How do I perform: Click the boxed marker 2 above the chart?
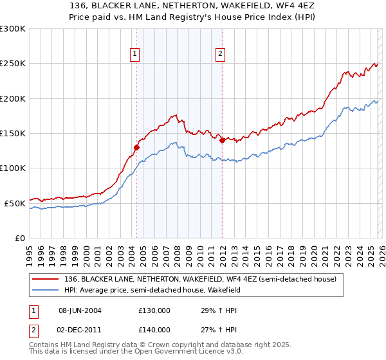pyautogui.click(x=220, y=55)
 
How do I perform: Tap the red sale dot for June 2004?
pyautogui.click(x=136, y=147)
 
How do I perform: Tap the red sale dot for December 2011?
pyautogui.click(x=222, y=140)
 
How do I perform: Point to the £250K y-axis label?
pyautogui.click(x=12, y=64)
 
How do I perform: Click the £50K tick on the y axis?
pyautogui.click(x=15, y=203)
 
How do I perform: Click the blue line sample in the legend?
pyautogui.click(x=45, y=290)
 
